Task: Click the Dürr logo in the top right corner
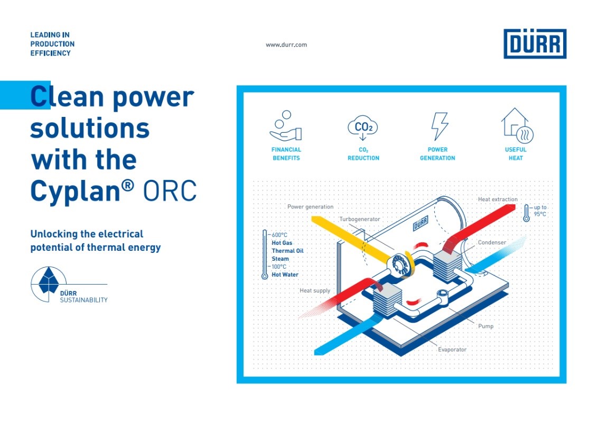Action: (x=535, y=43)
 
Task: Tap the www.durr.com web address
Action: (x=286, y=44)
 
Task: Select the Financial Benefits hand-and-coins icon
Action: (x=286, y=125)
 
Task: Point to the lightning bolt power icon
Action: (x=440, y=126)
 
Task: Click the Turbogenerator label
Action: (x=360, y=219)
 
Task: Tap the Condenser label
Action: (x=492, y=242)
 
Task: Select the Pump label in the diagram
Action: (x=485, y=326)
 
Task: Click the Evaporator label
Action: (x=452, y=350)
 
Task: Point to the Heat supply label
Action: (x=315, y=290)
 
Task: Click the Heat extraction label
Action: (x=498, y=199)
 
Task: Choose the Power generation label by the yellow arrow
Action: (x=310, y=207)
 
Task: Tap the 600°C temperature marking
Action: (x=279, y=235)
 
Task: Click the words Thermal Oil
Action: (x=287, y=251)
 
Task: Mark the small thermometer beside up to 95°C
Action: (x=526, y=213)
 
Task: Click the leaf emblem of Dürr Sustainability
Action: (x=49, y=281)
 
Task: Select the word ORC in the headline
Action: (x=170, y=190)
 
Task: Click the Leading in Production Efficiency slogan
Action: (x=52, y=44)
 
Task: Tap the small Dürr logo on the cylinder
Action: (x=421, y=223)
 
